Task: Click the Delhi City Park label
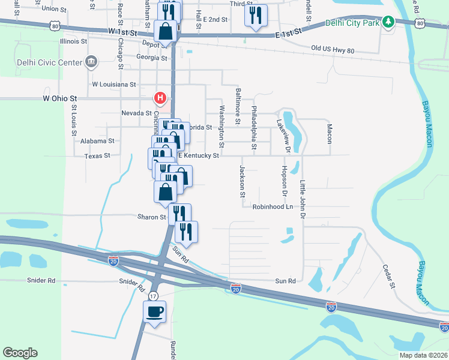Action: point(353,23)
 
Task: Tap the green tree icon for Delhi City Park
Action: point(389,23)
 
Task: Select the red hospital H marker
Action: point(160,97)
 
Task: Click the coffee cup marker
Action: point(154,311)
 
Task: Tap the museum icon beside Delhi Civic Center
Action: point(91,60)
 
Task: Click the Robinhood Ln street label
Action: point(272,206)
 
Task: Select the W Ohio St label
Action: point(60,98)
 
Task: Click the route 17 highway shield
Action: point(154,296)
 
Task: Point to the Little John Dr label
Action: point(303,199)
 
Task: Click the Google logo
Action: point(20,353)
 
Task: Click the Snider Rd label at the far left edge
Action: point(41,280)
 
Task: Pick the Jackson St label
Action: point(243,181)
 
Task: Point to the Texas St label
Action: point(97,155)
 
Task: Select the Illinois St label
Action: point(74,41)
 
